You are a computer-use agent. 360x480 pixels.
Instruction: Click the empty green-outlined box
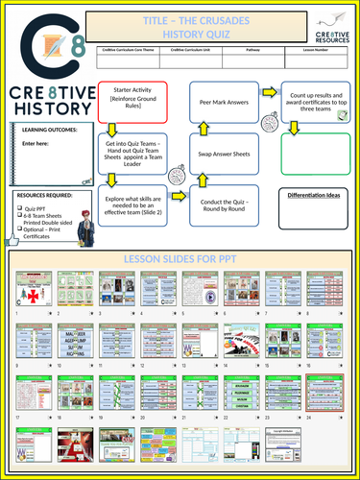click(315, 154)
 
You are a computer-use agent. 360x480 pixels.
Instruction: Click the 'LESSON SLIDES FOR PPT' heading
click(180, 258)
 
